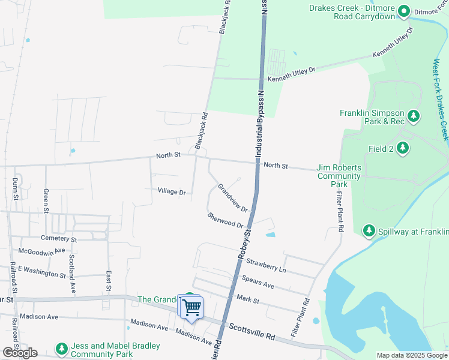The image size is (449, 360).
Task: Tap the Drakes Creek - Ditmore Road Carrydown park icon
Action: (404, 11)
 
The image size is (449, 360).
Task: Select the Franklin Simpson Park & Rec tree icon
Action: (413, 115)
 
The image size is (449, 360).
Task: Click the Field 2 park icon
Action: (403, 148)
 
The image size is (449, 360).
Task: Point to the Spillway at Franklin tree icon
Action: (369, 230)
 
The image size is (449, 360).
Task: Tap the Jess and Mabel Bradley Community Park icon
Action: (61, 348)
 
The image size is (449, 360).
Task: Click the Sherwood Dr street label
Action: (225, 220)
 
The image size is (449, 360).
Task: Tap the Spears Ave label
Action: (258, 281)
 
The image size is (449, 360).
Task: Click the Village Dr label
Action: (172, 191)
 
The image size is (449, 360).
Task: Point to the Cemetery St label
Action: (56, 239)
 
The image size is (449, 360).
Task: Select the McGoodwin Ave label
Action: (41, 251)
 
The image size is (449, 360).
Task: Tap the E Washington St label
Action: (41, 271)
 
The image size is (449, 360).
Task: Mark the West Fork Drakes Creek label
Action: (441, 100)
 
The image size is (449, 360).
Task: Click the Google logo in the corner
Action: (20, 352)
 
